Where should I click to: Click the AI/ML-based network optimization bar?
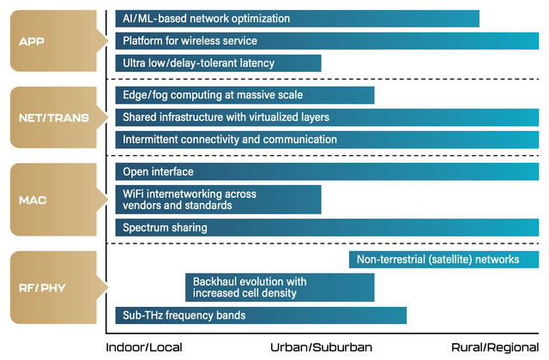[298, 19]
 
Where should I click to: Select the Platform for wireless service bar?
[327, 41]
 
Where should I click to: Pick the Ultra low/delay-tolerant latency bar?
[218, 63]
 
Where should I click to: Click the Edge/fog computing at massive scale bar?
[244, 95]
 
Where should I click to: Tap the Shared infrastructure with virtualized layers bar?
[327, 117]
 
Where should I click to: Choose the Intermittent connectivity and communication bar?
[327, 140]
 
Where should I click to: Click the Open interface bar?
[327, 171]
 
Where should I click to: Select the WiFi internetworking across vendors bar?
[218, 200]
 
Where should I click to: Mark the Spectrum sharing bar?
[327, 228]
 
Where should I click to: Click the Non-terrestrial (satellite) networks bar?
[444, 260]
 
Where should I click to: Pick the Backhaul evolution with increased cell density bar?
[280, 288]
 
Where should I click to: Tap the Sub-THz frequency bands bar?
[261, 315]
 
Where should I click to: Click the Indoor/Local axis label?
[144, 347]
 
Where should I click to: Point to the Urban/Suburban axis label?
[321, 347]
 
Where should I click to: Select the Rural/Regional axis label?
[495, 347]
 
